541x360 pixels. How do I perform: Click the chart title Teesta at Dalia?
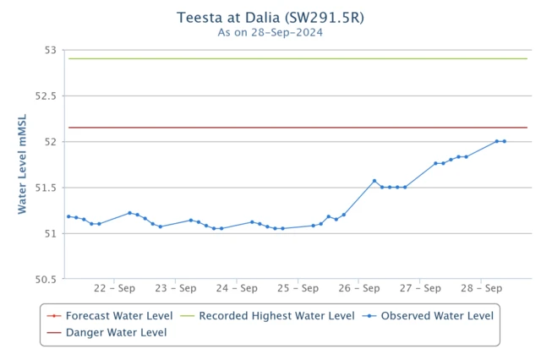[x=270, y=18]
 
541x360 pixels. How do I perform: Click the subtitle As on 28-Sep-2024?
[x=270, y=33]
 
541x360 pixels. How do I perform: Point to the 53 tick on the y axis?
[x=50, y=51]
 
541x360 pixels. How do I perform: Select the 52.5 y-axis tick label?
[x=44, y=96]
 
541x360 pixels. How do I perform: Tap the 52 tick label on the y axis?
[x=50, y=142]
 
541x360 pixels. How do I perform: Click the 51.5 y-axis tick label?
[x=44, y=188]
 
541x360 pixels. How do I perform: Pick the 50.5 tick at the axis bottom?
[x=44, y=279]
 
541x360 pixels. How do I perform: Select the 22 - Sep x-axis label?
[x=115, y=288]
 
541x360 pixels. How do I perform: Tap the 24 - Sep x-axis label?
[x=237, y=288]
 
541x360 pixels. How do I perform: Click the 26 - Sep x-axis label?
[x=358, y=288]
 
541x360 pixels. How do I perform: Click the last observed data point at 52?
[x=505, y=141]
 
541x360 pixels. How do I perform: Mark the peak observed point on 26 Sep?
[x=374, y=181]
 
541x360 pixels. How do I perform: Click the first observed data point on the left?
[x=68, y=216]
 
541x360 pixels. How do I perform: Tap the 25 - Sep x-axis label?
[x=298, y=288]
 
